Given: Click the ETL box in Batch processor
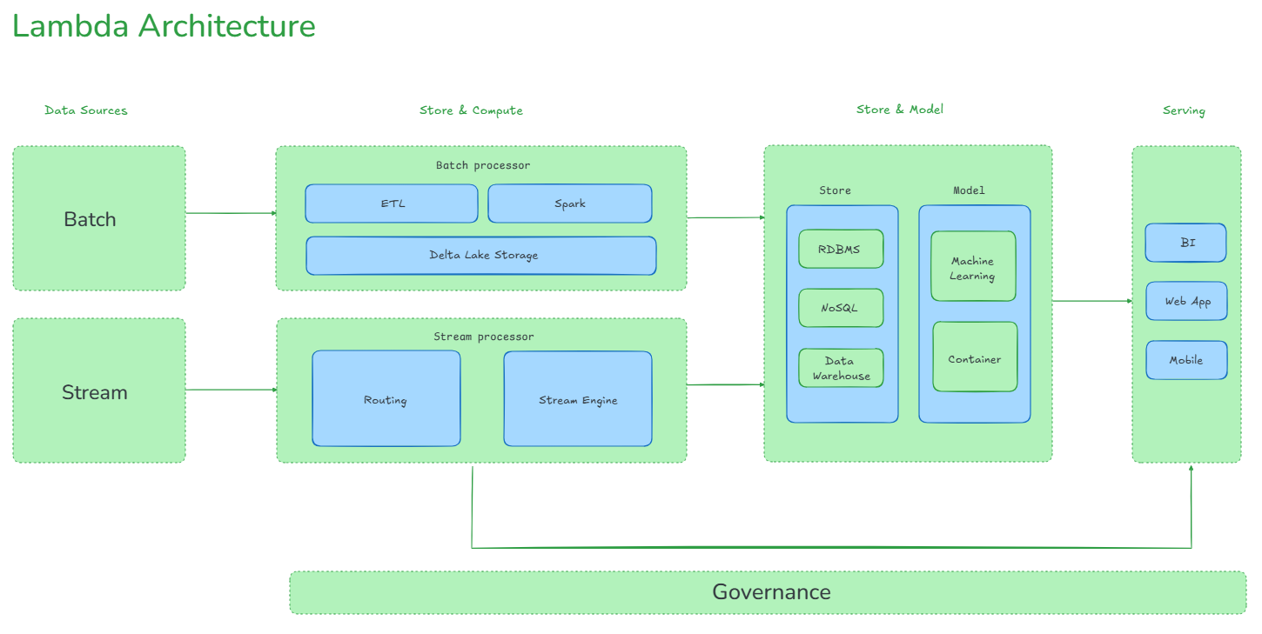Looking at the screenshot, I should pyautogui.click(x=392, y=204).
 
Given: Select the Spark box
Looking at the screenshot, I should pyautogui.click(x=569, y=204).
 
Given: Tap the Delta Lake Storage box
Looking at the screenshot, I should pyautogui.click(x=481, y=256).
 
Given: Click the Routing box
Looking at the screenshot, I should pyautogui.click(x=386, y=399).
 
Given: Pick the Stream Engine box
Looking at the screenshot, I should pyautogui.click(x=577, y=399).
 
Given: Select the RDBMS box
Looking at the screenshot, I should pyautogui.click(x=840, y=250).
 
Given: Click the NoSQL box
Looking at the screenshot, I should pyautogui.click(x=840, y=308).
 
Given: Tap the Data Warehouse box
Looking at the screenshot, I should pyautogui.click(x=841, y=369).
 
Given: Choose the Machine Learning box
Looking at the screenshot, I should pyautogui.click(x=972, y=267).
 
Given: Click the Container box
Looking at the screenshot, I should pyautogui.click(x=974, y=357).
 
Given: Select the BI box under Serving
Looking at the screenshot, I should pyautogui.click(x=1185, y=243).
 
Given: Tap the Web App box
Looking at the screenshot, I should pyautogui.click(x=1186, y=301).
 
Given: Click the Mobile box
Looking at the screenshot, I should pyautogui.click(x=1185, y=360).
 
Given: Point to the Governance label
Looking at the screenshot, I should pyautogui.click(x=771, y=592).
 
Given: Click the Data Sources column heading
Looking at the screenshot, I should pyautogui.click(x=85, y=110).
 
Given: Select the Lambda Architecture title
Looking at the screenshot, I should pyautogui.click(x=164, y=26).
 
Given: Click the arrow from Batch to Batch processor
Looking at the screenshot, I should pyautogui.click(x=230, y=213).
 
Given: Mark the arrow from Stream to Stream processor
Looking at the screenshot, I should pyautogui.click(x=230, y=390).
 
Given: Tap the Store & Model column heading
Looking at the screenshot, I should pyautogui.click(x=899, y=110).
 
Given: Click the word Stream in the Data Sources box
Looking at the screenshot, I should pyautogui.click(x=94, y=392).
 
